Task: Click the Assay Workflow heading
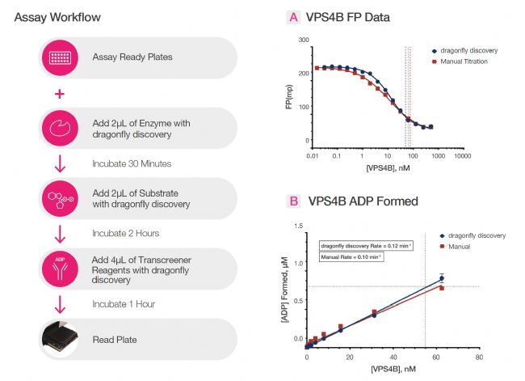[57, 17]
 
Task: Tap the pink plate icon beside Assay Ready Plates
[59, 58]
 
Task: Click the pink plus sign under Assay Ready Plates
[59, 95]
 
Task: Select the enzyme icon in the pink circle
[59, 128]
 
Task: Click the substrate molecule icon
[59, 198]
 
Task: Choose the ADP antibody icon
[59, 267]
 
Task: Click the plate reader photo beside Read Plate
[59, 337]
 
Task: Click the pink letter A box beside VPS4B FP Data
[293, 17]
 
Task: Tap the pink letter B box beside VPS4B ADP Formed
[293, 201]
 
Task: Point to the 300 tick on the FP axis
[304, 39]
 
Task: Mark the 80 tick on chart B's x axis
[479, 357]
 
